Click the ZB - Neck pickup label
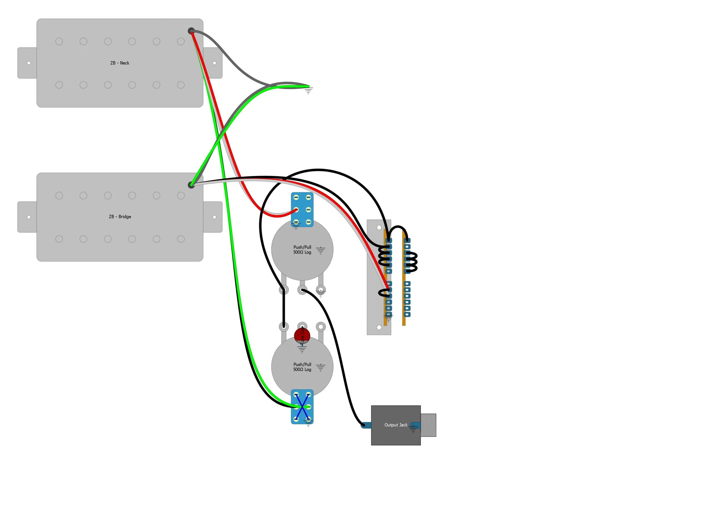pos(120,63)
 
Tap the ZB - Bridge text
pos(120,217)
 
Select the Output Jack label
pos(395,425)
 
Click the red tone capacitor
pos(302,335)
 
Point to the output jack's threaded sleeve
pos(428,425)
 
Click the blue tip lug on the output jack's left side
pos(366,425)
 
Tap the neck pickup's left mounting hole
pos(29,63)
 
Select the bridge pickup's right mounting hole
pos(214,217)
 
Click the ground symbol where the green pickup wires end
pos(308,91)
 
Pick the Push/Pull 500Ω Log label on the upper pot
pos(302,250)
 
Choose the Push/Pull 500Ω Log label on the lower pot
pos(302,367)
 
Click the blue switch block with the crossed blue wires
pos(302,406)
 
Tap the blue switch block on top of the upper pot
pos(302,209)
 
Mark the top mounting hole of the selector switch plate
pos(379,227)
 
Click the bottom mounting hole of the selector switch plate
pos(379,327)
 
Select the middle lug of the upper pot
pos(302,290)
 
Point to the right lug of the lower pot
pos(321,326)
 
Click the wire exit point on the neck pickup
pos(191,31)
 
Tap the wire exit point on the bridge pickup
pos(191,185)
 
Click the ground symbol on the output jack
pos(413,429)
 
